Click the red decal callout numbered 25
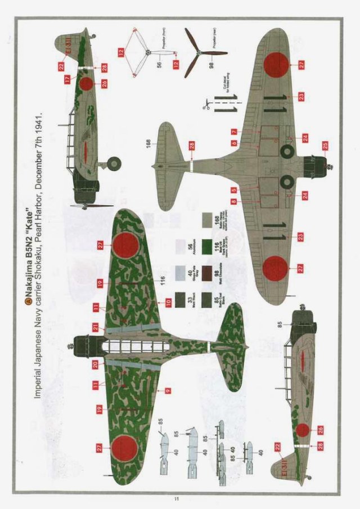[325, 147]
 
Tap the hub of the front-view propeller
[146, 55]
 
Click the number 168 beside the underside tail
[147, 141]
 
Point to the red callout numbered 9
[168, 389]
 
